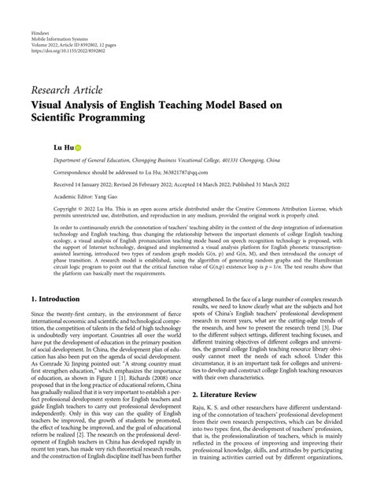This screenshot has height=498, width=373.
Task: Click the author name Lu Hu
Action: pos(42,147)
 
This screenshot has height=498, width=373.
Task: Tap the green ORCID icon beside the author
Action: pos(57,147)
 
